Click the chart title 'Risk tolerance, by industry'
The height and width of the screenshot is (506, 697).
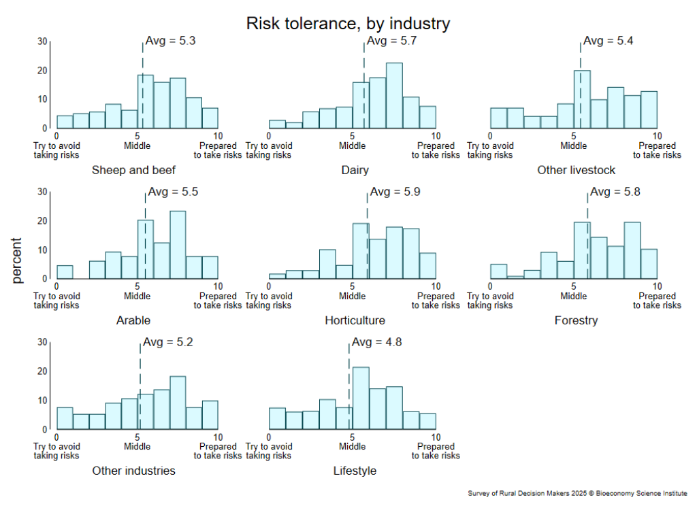click(x=348, y=24)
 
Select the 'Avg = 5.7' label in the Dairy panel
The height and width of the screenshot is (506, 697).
click(x=391, y=41)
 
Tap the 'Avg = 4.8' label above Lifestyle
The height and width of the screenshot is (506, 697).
click(x=376, y=342)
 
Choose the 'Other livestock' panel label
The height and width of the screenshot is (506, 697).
click(x=576, y=170)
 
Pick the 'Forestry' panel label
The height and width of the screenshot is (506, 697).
click(x=576, y=320)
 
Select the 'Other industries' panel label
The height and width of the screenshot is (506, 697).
click(x=133, y=471)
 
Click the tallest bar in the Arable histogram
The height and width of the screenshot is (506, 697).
click(x=178, y=245)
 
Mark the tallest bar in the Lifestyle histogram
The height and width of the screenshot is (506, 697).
click(x=361, y=399)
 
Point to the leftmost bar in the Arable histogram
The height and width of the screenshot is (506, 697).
click(x=65, y=272)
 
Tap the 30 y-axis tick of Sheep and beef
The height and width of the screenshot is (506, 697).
click(x=42, y=41)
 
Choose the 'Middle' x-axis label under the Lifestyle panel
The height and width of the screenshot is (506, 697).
click(x=353, y=447)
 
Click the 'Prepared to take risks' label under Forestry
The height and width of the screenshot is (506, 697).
click(x=657, y=301)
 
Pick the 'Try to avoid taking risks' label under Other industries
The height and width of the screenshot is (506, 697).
click(x=56, y=451)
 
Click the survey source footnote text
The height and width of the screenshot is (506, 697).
click(x=578, y=493)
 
